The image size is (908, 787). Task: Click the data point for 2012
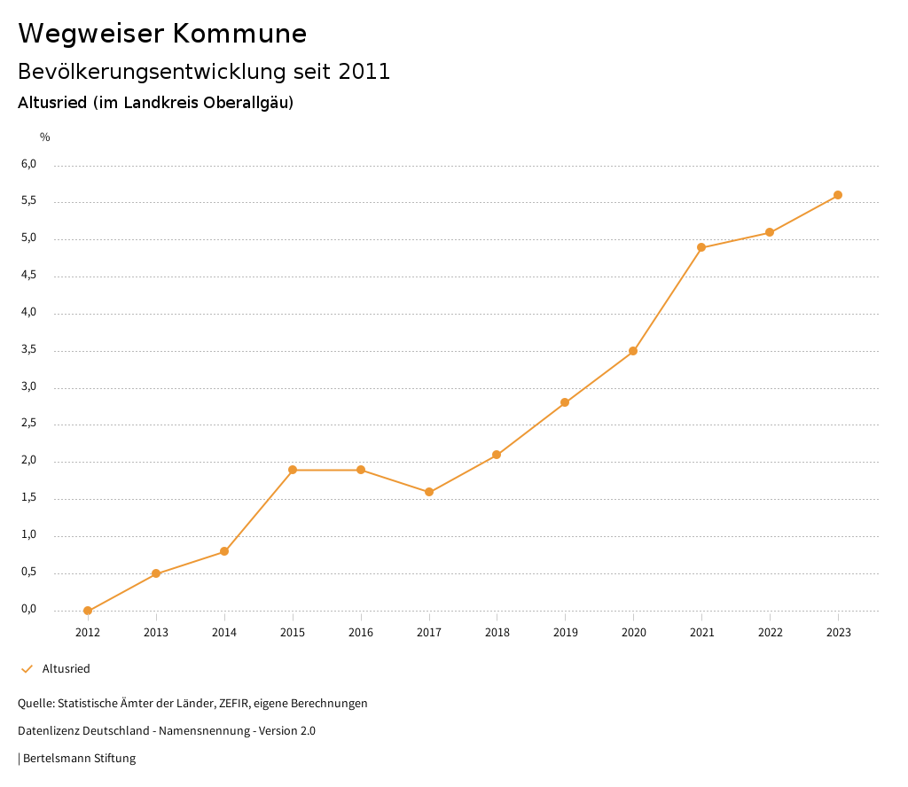(x=88, y=611)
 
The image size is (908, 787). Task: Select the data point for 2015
(x=293, y=470)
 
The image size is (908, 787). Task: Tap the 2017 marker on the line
(x=429, y=492)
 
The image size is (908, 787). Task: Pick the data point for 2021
(x=701, y=247)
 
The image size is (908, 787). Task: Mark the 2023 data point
(x=838, y=195)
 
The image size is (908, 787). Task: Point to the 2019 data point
(x=565, y=402)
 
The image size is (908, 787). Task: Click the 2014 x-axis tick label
(x=224, y=632)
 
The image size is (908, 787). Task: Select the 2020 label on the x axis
(x=633, y=632)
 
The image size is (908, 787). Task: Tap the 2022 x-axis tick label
(x=770, y=632)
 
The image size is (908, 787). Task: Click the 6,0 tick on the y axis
(x=29, y=164)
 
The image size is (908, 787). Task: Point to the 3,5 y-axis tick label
(x=29, y=350)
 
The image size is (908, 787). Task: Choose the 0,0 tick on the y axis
(x=29, y=609)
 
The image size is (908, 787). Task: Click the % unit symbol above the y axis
(x=45, y=136)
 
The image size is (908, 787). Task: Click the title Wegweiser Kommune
(x=162, y=34)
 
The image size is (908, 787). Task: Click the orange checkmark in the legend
(x=27, y=669)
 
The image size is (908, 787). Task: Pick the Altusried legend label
(x=67, y=669)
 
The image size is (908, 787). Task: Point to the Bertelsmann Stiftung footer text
(x=79, y=759)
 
